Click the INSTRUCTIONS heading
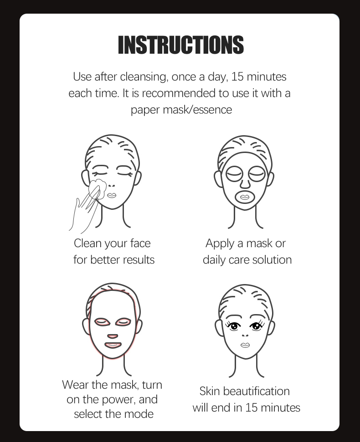tap(180, 45)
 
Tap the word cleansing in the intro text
tap(144, 77)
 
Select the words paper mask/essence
tap(181, 110)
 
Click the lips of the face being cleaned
tap(111, 195)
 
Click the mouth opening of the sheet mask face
tap(244, 197)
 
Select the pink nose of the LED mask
tap(113, 336)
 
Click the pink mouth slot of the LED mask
tap(113, 345)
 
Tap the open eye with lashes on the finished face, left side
tap(234, 326)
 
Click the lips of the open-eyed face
tap(245, 345)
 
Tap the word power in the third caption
tap(118, 400)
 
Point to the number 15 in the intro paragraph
tap(237, 77)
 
